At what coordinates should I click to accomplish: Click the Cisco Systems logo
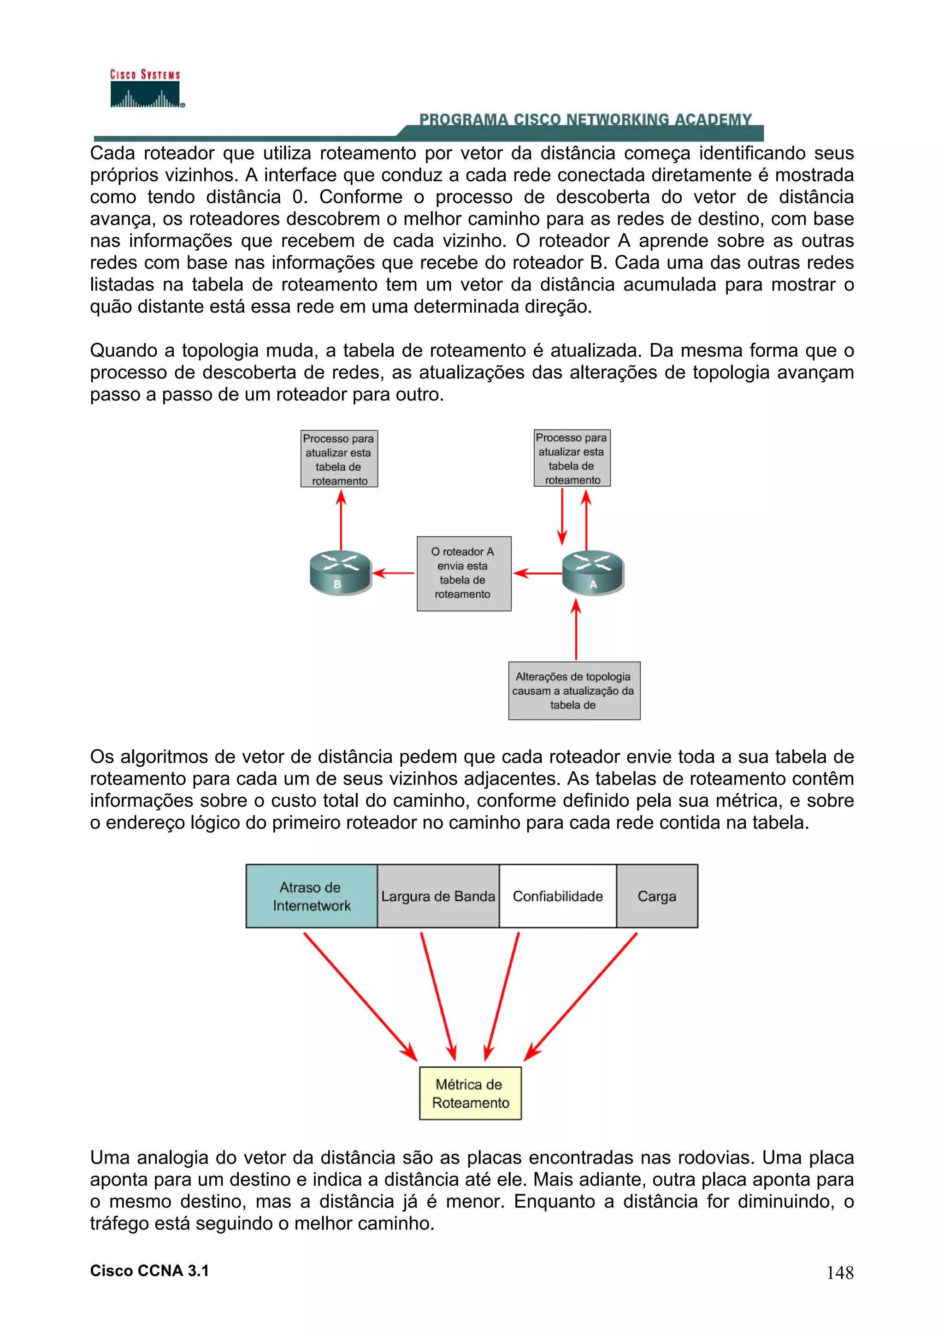(145, 89)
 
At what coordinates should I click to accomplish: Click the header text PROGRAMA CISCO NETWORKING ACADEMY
(585, 120)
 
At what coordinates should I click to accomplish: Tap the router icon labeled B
(340, 573)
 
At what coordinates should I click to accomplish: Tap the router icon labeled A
(593, 573)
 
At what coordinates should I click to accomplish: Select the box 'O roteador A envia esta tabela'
(464, 573)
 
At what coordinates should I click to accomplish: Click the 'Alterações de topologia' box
(574, 690)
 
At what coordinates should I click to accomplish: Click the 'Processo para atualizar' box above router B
(339, 459)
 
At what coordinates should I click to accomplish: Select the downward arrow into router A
(562, 517)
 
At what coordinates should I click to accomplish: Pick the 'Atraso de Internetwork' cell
(311, 896)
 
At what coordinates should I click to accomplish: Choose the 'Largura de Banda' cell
(438, 896)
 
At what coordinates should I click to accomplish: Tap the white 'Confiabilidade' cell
(557, 896)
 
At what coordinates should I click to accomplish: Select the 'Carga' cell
(657, 896)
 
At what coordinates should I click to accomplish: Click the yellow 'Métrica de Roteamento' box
(470, 1094)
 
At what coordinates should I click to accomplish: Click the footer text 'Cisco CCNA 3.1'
(149, 1271)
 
